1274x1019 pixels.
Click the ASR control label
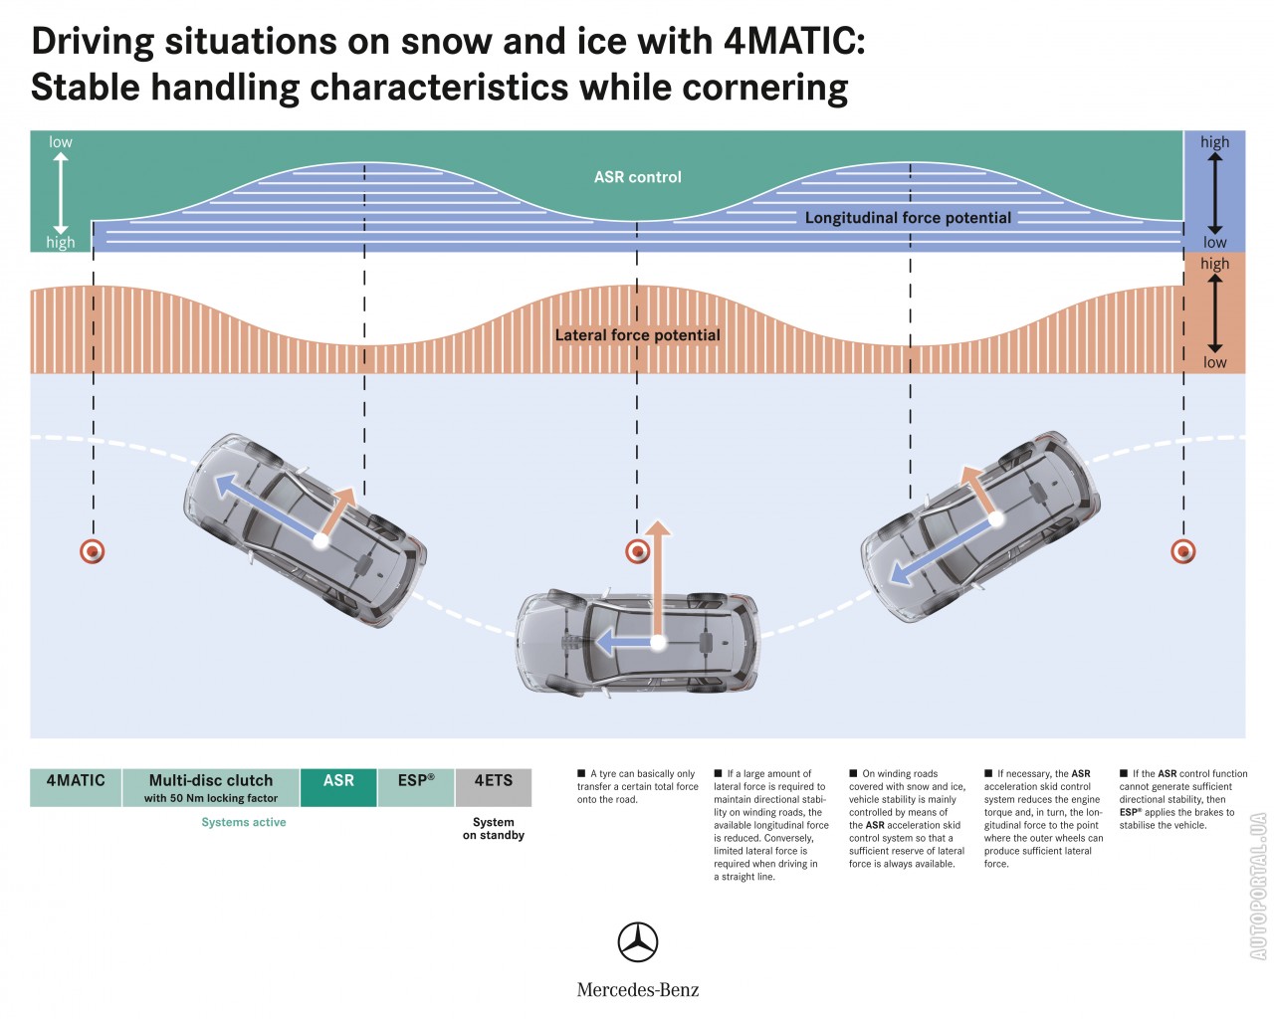637,177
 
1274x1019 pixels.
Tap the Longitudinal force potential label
908,218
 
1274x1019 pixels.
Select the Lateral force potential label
637,335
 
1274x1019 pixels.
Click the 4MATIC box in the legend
76,786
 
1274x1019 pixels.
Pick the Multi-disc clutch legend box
211,786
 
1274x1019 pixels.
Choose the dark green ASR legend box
338,786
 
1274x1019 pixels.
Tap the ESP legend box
416,786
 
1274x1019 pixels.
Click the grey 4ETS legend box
494,786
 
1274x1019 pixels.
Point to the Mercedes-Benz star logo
638,941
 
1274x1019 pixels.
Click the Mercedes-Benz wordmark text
638,990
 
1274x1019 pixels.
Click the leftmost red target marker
93,550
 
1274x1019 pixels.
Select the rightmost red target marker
1183,550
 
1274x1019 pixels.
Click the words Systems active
244,822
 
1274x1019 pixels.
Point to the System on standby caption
494,829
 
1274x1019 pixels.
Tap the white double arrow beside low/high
61,192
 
